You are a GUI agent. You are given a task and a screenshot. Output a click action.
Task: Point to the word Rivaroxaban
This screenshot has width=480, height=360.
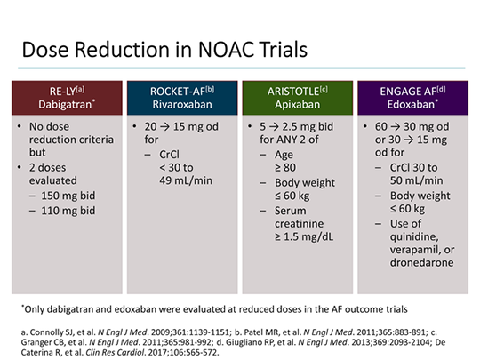[181, 104]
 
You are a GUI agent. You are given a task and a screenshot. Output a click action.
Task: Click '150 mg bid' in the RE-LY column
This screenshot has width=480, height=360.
[72, 196]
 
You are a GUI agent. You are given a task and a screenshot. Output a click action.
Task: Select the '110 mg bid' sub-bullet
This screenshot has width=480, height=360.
[72, 212]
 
